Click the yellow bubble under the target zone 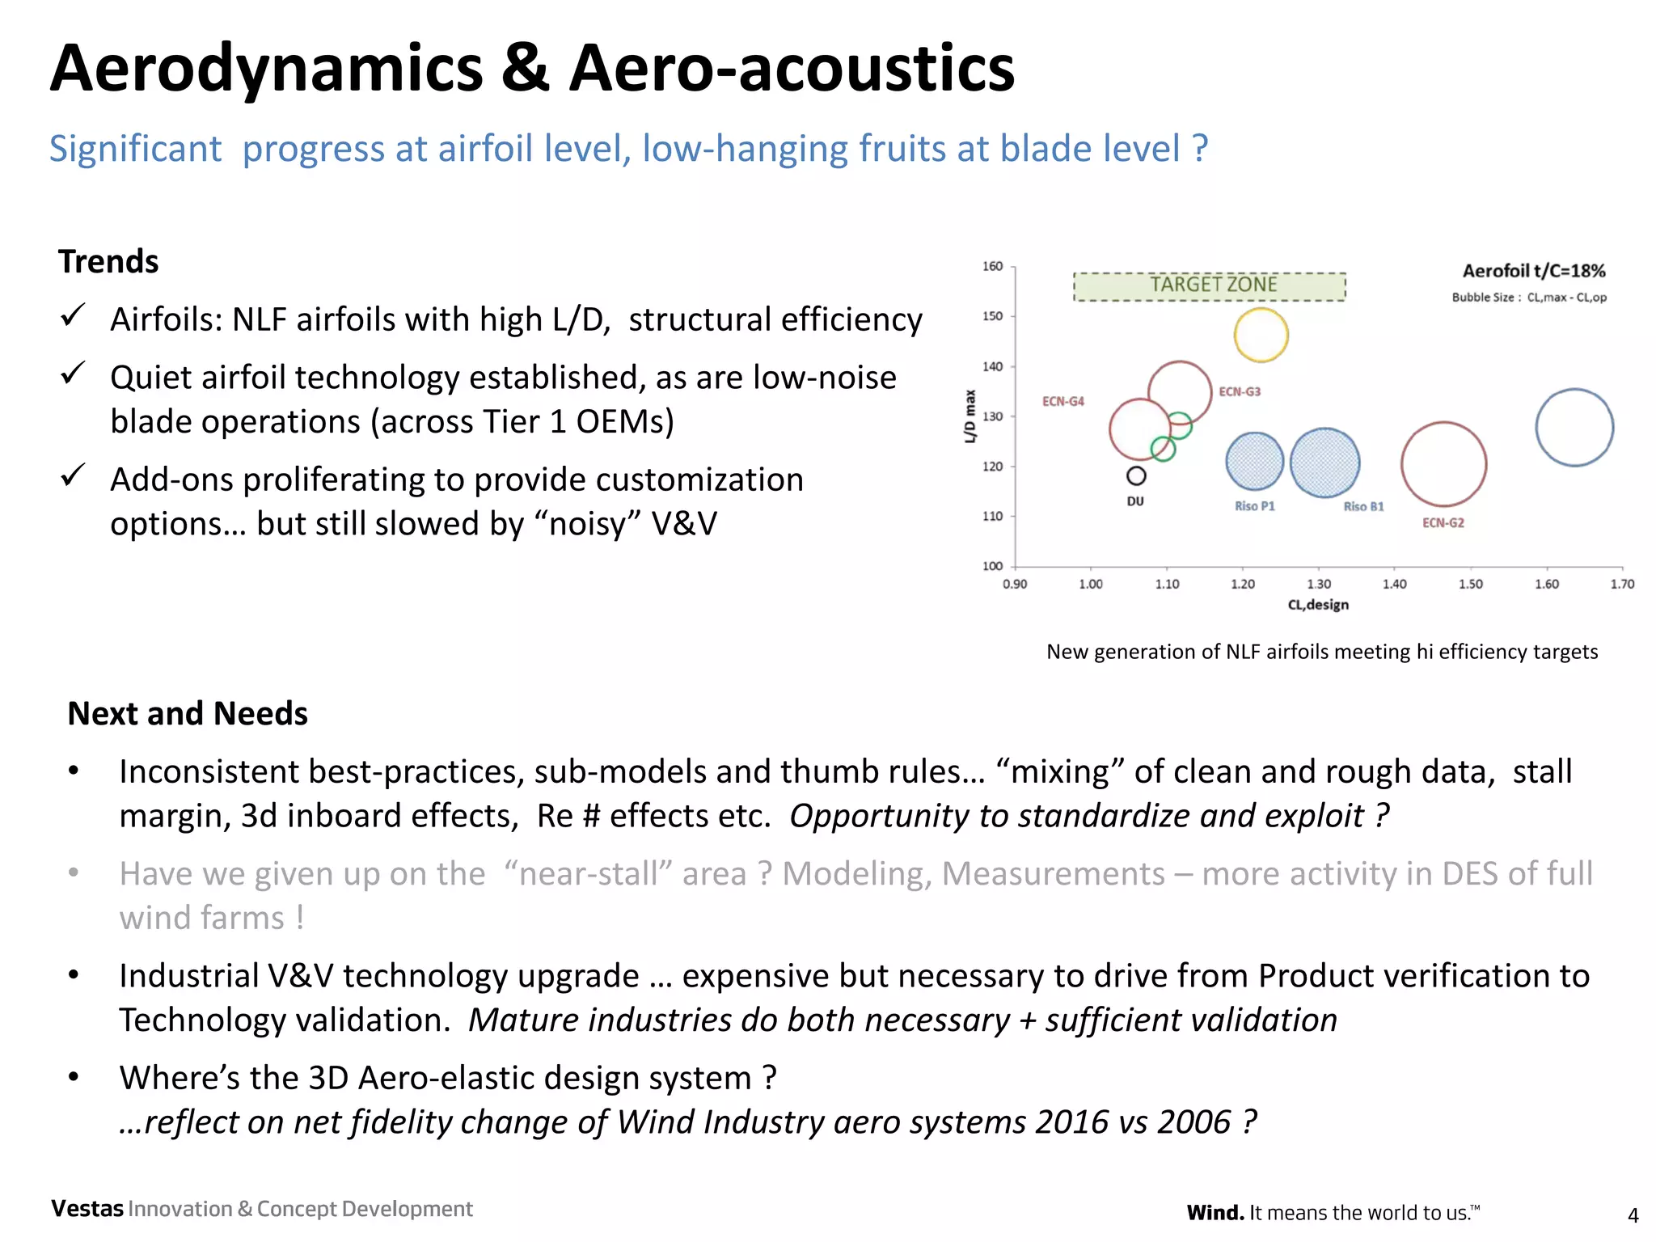coord(1261,335)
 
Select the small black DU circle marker coord(1136,475)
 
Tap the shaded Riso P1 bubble coord(1254,462)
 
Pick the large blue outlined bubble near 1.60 coord(1574,427)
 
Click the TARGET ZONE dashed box coord(1210,286)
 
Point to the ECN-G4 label coord(1062,402)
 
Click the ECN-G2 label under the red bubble coord(1443,523)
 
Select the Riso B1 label coord(1363,507)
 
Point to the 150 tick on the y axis coord(992,316)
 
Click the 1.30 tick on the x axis coord(1319,584)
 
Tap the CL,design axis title coord(1318,605)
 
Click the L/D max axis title coord(970,416)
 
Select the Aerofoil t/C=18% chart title coord(1533,271)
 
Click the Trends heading coord(108,262)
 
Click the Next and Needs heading coord(188,714)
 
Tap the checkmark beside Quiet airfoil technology coord(73,374)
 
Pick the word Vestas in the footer coord(87,1209)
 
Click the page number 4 coord(1633,1215)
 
